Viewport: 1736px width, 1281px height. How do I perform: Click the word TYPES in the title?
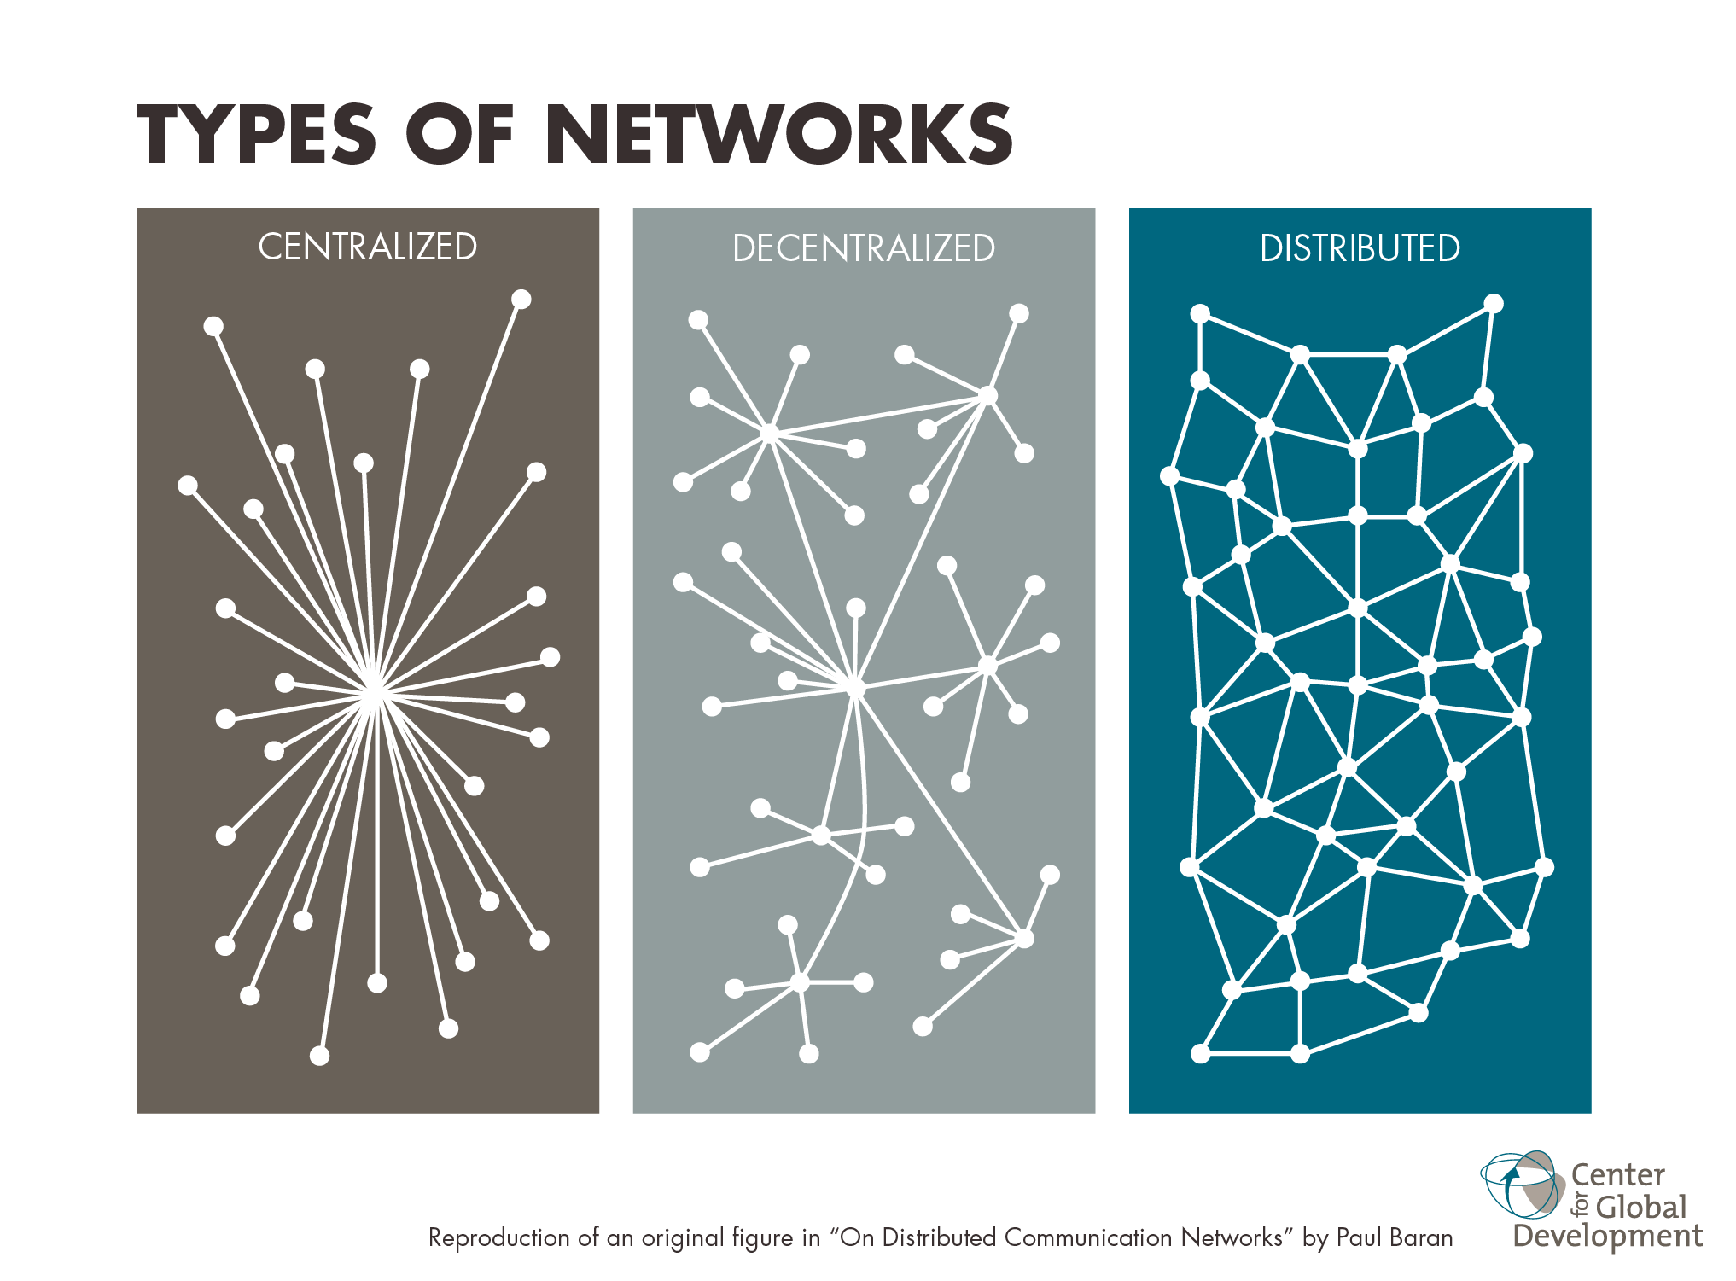(256, 134)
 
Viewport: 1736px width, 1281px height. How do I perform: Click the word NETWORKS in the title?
(779, 134)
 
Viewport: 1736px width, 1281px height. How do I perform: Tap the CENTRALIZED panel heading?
(368, 247)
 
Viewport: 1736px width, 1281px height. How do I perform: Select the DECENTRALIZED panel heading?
(864, 248)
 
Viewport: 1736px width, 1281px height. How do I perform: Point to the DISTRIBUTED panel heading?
(1360, 248)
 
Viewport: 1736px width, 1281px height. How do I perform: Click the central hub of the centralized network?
(373, 694)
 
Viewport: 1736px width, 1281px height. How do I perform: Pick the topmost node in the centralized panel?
(521, 300)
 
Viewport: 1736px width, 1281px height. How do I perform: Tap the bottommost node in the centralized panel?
(319, 1056)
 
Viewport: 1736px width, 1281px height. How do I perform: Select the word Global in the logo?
(1640, 1207)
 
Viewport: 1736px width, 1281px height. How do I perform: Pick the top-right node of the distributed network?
(1494, 304)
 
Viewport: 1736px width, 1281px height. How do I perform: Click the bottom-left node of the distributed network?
(1200, 1054)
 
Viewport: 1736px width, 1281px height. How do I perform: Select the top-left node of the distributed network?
(1200, 313)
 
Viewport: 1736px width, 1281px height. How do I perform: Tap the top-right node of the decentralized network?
(1019, 313)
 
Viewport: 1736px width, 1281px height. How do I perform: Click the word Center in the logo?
(1618, 1175)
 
